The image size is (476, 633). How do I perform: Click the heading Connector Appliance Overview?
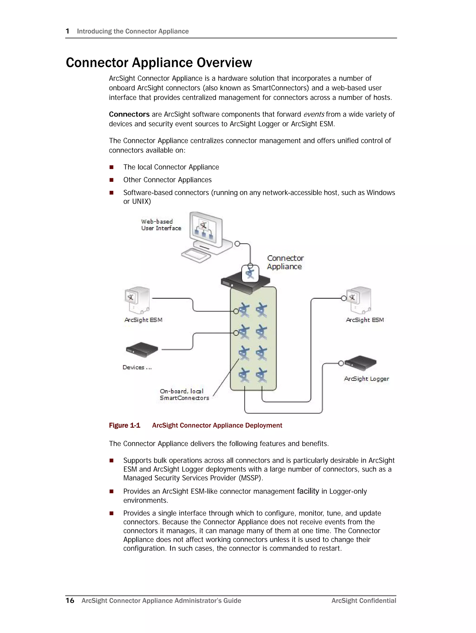[x=159, y=63]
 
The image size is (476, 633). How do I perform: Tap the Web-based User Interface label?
[x=161, y=225]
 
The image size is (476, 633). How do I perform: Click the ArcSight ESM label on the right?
[x=365, y=320]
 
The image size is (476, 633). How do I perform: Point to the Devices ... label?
[x=137, y=367]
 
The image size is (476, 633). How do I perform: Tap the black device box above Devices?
[x=142, y=349]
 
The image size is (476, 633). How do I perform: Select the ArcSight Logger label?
[x=366, y=379]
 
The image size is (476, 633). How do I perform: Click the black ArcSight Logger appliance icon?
[x=360, y=363]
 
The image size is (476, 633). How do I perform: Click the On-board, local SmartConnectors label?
[x=184, y=395]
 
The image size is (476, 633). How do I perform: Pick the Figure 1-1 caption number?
[x=125, y=426]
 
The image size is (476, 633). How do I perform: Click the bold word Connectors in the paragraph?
[x=129, y=115]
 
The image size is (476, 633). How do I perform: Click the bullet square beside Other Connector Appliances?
[x=111, y=180]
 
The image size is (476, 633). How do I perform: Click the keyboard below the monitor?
[x=196, y=255]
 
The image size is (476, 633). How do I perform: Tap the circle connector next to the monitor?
[x=237, y=244]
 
